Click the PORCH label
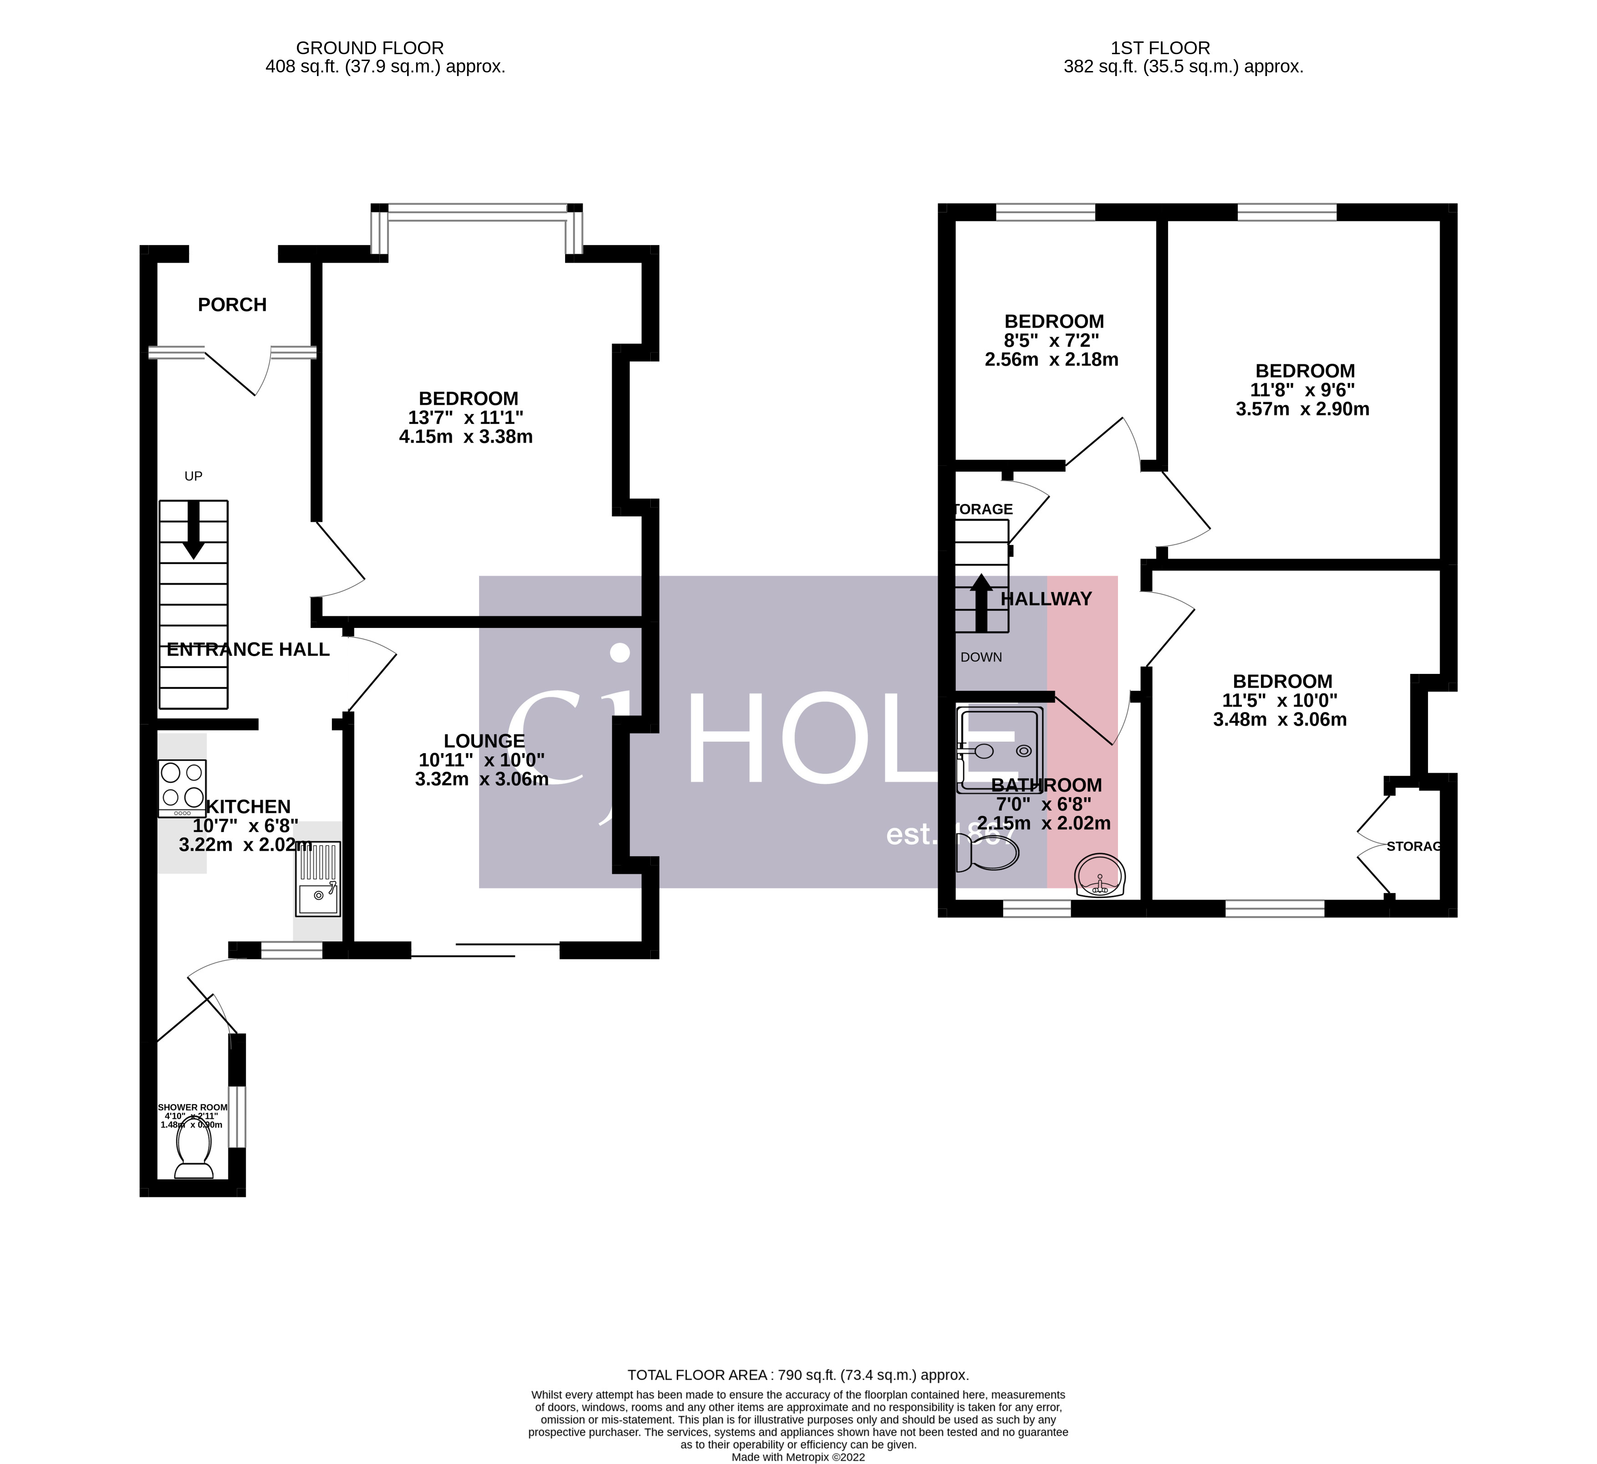coord(232,305)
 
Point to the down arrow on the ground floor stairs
coord(193,531)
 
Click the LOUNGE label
coord(484,741)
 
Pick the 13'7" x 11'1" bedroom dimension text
coord(466,418)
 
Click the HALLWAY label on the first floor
coord(1046,600)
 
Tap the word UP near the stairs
coord(193,476)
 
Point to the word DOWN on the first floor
coord(981,658)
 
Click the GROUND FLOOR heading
coord(370,48)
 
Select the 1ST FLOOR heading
coord(1160,48)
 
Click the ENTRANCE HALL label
coord(248,650)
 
